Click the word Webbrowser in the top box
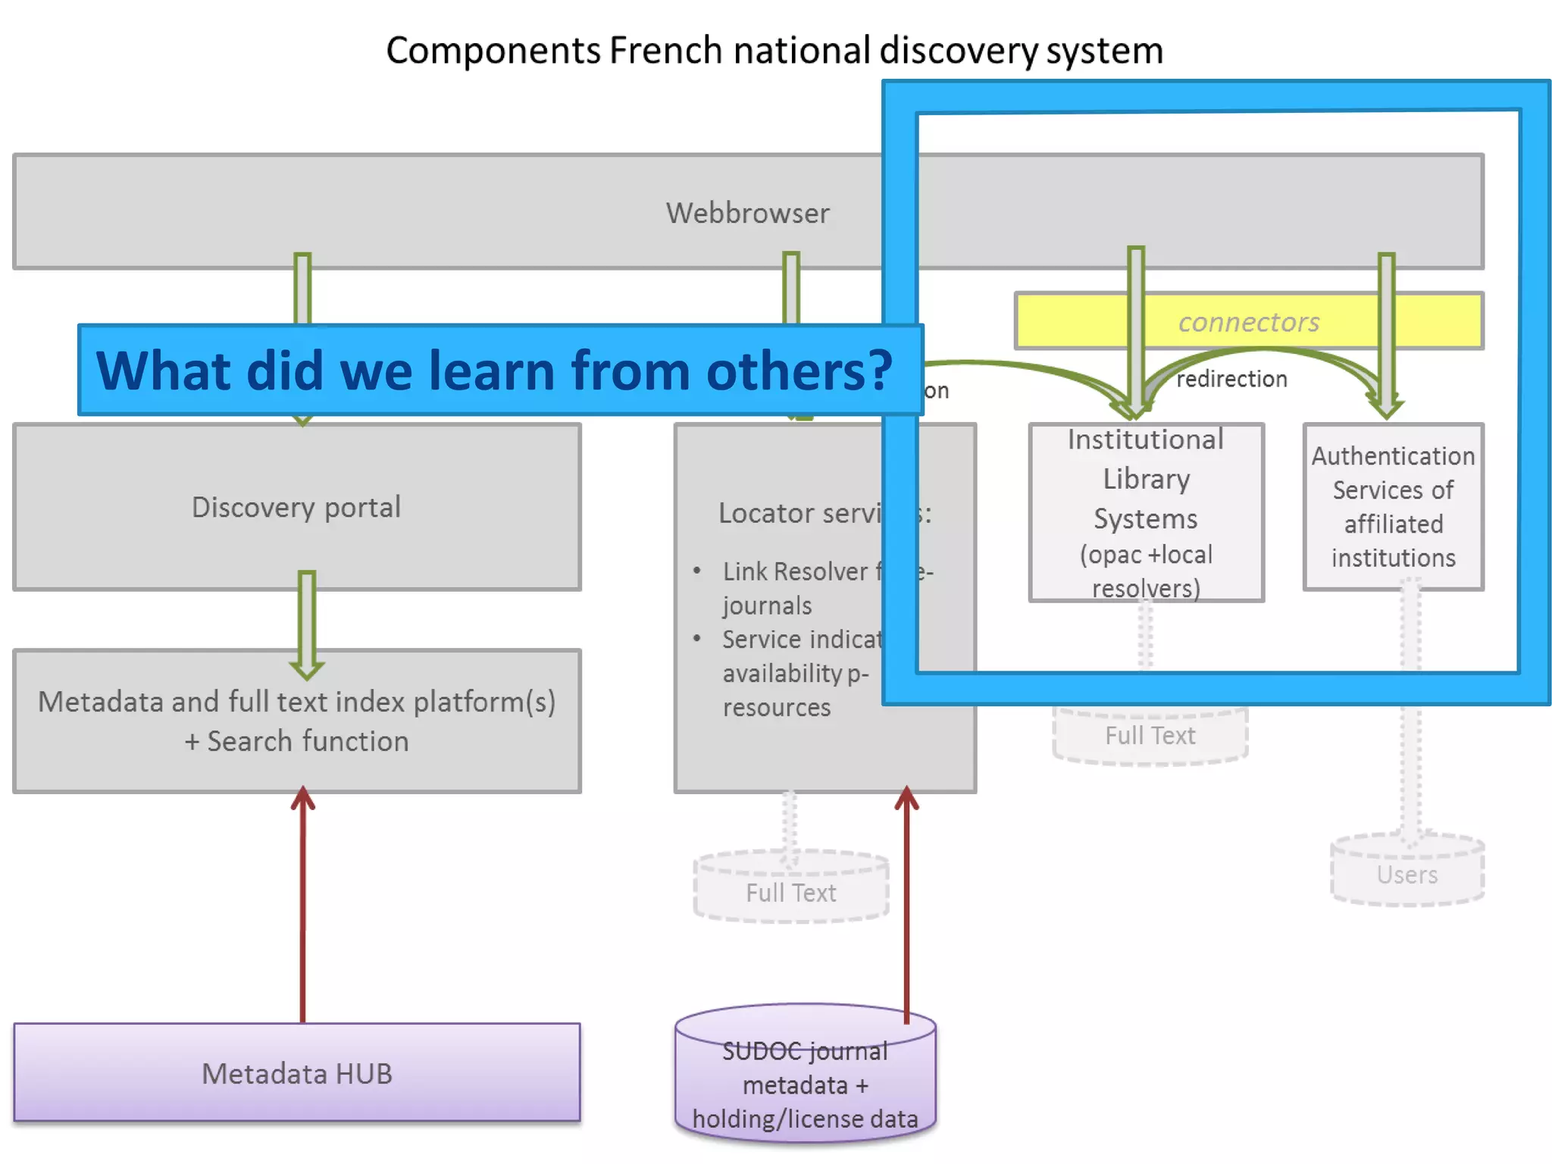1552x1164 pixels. (x=747, y=213)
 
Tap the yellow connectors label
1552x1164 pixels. (x=1248, y=322)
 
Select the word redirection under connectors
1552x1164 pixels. (x=1231, y=379)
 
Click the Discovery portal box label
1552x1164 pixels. (x=296, y=507)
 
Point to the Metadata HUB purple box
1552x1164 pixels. (x=296, y=1073)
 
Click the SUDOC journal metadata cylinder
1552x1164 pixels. (x=805, y=1084)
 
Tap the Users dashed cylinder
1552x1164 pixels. (x=1407, y=875)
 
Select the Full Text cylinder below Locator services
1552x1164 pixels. (x=790, y=892)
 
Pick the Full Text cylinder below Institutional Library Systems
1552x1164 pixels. (x=1150, y=735)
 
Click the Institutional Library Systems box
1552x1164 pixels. (x=1146, y=513)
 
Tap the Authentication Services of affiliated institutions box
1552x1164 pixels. (x=1393, y=506)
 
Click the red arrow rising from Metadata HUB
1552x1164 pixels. (x=302, y=909)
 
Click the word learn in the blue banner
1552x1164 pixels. (x=493, y=371)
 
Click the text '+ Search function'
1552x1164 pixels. (x=296, y=741)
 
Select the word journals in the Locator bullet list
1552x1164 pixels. (x=767, y=605)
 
